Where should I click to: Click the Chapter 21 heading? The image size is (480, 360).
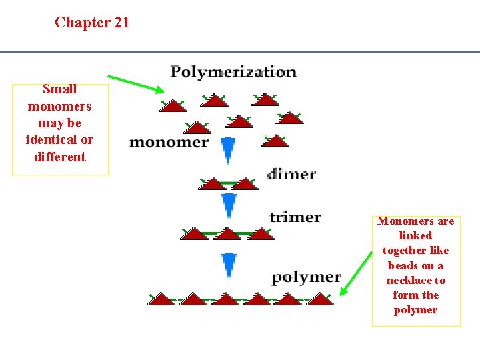coord(92,23)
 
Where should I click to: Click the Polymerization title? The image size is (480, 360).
coord(233,71)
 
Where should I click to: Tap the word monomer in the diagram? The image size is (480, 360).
coord(169,141)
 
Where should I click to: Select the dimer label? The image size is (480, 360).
coord(291,174)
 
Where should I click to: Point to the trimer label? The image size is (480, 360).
coord(295,217)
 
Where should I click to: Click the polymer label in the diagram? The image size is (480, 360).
coord(306,277)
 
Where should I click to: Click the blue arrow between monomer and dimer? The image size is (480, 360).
coord(228,151)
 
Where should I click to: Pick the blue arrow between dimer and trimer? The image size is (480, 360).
coord(229,206)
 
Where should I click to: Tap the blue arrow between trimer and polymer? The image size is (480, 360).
coord(229,266)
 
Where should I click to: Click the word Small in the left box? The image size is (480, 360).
coord(60,89)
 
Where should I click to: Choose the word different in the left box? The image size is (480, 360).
coord(60,157)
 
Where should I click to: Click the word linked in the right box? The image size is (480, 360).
coord(415,235)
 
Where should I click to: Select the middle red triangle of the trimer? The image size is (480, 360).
coord(227,233)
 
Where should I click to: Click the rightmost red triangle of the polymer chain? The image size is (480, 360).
coord(320,299)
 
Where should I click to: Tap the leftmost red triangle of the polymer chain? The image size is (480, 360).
coord(161,299)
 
